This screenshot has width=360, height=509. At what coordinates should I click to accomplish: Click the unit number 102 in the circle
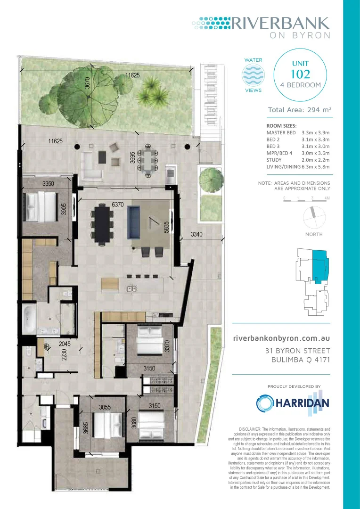point(300,74)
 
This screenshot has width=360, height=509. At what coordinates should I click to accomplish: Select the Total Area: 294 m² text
point(299,110)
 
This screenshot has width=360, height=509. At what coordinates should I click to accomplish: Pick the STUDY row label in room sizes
point(275,160)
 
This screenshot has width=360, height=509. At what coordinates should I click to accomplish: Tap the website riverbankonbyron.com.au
point(282,338)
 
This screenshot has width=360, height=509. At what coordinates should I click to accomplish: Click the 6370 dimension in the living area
point(118,205)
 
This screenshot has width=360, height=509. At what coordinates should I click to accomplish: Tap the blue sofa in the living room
point(135,222)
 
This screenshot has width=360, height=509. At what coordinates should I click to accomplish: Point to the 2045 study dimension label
point(65,345)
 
